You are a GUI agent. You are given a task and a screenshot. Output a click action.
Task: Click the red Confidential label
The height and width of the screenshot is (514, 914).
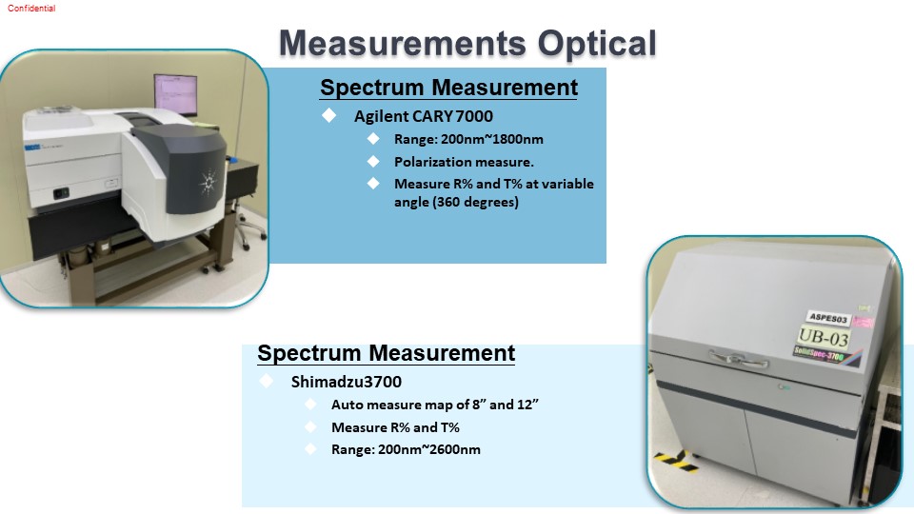(31, 9)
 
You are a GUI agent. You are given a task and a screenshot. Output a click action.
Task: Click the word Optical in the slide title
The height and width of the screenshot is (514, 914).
(597, 44)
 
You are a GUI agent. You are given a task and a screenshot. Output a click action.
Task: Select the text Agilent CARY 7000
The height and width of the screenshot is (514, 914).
(423, 116)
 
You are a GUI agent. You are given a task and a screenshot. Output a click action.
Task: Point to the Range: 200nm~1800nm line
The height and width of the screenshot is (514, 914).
(468, 139)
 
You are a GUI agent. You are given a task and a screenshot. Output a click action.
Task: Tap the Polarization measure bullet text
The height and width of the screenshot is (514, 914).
(464, 162)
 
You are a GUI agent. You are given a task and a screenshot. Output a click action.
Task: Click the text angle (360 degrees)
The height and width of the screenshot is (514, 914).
(456, 202)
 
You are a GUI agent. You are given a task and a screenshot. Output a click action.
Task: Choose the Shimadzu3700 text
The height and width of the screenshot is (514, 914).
(347, 382)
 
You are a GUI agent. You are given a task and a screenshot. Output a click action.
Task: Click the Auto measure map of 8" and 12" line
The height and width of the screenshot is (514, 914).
(434, 405)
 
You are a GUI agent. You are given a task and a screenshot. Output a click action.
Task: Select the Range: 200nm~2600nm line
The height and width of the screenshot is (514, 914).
(406, 449)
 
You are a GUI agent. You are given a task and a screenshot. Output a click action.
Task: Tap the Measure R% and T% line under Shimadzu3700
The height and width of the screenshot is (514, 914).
(395, 427)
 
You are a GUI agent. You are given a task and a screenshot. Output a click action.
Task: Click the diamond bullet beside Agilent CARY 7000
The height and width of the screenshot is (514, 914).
(328, 115)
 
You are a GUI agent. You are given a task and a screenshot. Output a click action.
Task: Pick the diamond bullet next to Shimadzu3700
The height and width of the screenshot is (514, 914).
(267, 381)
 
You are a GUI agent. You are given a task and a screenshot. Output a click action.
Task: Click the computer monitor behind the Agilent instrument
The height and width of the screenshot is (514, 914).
(175, 94)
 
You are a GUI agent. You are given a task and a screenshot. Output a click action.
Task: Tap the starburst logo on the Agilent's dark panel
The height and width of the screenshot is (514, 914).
(209, 183)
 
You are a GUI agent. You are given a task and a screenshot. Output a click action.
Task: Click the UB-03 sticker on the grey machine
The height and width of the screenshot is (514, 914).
(823, 336)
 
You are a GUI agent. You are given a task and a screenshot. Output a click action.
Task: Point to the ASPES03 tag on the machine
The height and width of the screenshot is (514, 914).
(828, 318)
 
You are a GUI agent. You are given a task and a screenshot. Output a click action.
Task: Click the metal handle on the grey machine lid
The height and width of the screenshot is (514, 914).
(739, 358)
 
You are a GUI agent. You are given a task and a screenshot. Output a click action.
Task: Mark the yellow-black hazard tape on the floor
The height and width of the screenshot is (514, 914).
(676, 461)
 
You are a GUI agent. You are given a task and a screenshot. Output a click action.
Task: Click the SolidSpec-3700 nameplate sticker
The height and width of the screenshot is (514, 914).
(819, 353)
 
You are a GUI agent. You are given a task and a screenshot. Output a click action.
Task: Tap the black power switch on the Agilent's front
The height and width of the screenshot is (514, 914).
(61, 193)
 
